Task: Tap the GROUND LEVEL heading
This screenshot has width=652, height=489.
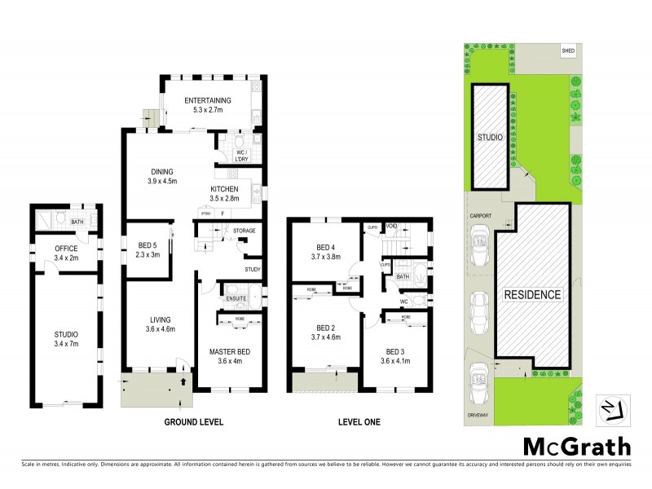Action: [x=194, y=422]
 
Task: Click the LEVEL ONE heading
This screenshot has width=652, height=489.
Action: [x=359, y=422]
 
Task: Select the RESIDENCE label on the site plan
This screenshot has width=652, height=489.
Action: [x=531, y=294]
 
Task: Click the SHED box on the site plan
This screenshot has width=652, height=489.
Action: [x=568, y=51]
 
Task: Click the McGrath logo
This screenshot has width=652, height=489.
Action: [x=576, y=446]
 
